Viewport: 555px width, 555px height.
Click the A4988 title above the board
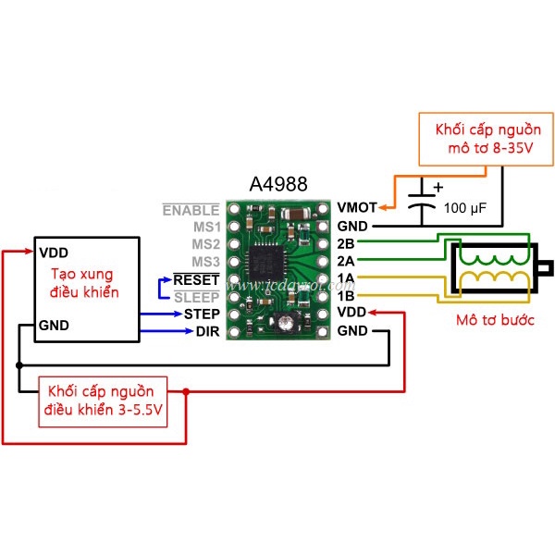tap(277, 185)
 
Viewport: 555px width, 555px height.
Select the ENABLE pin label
tap(191, 210)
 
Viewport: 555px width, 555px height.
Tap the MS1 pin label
tap(204, 227)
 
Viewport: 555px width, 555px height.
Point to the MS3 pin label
tap(204, 262)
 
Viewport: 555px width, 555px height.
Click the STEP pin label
tap(201, 314)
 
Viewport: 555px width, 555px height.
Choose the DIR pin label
tap(207, 332)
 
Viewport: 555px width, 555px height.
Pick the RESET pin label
tap(196, 279)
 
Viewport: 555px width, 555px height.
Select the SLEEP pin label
tap(197, 297)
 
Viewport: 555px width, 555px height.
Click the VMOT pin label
tap(356, 208)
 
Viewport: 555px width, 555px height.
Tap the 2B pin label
tap(346, 243)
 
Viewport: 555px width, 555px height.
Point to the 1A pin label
tap(346, 278)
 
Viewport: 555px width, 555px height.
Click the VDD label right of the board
tap(351, 314)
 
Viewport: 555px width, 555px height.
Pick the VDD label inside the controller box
tap(52, 252)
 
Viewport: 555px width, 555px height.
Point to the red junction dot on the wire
tap(187, 392)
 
